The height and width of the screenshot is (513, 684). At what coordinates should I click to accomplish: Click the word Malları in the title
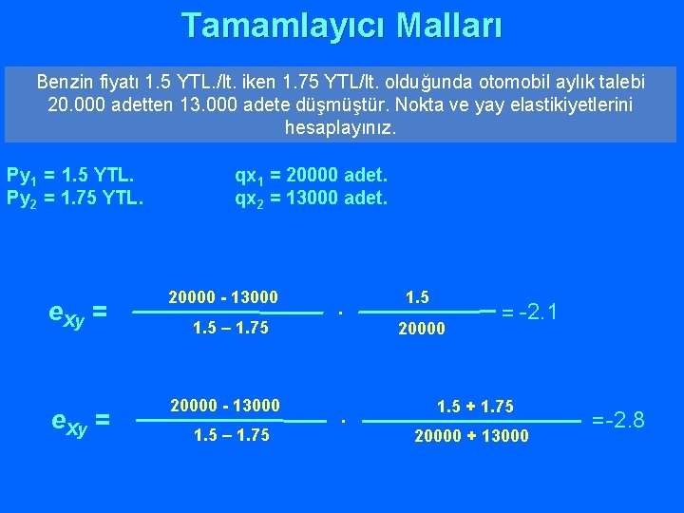tap(448, 26)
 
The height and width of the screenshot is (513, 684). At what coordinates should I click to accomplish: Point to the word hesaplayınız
tap(341, 126)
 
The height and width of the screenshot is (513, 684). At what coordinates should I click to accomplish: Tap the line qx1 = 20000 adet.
tap(312, 176)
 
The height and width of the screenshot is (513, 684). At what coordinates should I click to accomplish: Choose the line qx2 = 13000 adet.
tap(312, 198)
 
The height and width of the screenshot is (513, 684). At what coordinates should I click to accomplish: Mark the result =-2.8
tap(617, 419)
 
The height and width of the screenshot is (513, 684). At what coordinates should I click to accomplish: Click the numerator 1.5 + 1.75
tap(475, 407)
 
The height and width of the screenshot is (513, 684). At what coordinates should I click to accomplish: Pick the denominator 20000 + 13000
tap(472, 436)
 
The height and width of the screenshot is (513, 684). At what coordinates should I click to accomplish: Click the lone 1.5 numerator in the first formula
tap(417, 297)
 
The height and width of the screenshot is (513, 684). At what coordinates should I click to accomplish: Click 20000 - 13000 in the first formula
tap(223, 298)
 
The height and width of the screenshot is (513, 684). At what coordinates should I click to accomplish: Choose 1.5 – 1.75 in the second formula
tap(230, 435)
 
